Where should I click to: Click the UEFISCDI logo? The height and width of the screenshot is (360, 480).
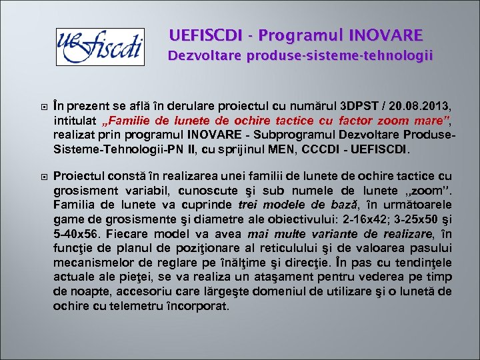click(x=99, y=46)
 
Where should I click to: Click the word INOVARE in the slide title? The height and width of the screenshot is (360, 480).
click(x=385, y=35)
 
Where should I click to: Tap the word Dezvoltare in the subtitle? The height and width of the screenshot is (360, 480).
click(x=205, y=55)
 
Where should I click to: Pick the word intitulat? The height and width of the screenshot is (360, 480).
click(x=73, y=120)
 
